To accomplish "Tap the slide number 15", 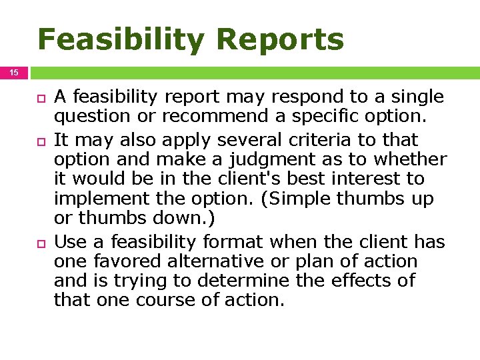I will (13, 72).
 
